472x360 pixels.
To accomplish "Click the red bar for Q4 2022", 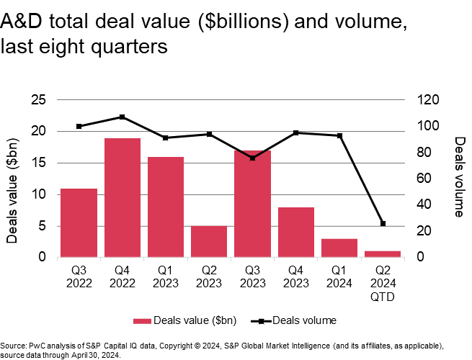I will pyautogui.click(x=123, y=197).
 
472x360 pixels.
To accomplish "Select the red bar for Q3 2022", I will pyautogui.click(x=79, y=222).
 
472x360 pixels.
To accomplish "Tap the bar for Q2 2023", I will pyautogui.click(x=209, y=241).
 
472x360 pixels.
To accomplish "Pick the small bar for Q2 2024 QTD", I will pyautogui.click(x=383, y=253).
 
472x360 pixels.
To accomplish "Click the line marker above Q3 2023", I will pyautogui.click(x=253, y=158).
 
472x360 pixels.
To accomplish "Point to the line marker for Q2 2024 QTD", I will pyautogui.click(x=383, y=224).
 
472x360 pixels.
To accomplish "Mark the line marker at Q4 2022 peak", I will pyautogui.click(x=123, y=117).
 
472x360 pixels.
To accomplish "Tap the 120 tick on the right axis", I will pyautogui.click(x=425, y=100).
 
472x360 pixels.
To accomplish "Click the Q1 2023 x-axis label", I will pyautogui.click(x=166, y=275).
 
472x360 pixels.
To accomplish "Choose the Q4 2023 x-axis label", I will pyautogui.click(x=296, y=275).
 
